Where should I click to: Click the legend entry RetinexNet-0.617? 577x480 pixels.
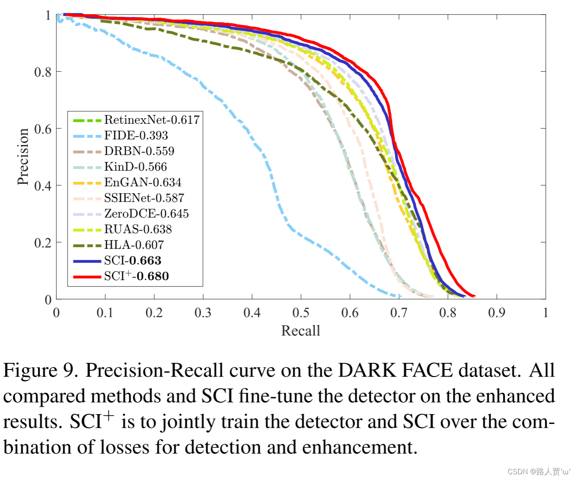pos(152,120)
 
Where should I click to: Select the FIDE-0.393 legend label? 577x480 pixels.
pos(136,135)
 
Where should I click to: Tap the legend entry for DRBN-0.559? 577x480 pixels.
pos(139,151)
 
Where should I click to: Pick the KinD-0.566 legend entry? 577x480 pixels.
pos(136,167)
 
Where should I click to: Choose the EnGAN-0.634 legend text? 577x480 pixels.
pos(143,183)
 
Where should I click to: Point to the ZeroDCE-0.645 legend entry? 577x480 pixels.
pos(146,214)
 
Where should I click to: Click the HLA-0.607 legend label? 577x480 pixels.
pos(134,245)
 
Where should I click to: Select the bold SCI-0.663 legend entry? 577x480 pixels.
pos(133,261)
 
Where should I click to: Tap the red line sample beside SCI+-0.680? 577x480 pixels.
pos(87,277)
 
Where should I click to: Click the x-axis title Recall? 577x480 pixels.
pos(300,331)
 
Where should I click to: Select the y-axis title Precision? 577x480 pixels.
pos(23,156)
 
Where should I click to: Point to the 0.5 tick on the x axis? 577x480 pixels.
pos(301,313)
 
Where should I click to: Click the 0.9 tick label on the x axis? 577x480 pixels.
pos(497,313)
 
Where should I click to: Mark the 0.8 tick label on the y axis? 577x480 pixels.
pos(43,72)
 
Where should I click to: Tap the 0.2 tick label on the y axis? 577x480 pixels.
pos(43,243)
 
